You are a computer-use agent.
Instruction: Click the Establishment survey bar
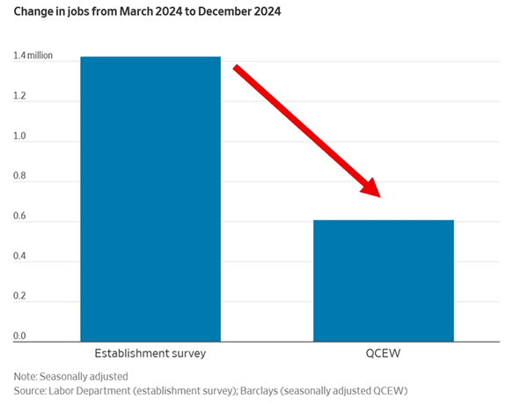[x=150, y=198]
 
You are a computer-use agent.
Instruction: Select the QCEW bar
[x=383, y=280]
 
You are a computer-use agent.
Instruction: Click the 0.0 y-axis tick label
[x=20, y=336]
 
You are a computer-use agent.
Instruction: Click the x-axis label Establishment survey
[x=150, y=354]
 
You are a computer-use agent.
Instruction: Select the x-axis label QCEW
[x=384, y=354]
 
